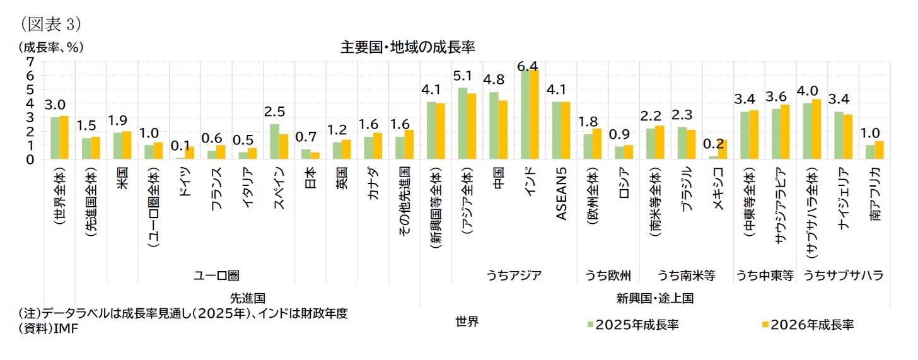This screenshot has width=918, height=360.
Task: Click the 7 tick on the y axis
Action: (30, 61)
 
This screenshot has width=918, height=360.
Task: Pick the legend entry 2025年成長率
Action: (632, 324)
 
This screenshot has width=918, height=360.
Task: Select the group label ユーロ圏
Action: (216, 276)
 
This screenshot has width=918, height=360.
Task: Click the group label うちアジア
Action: (514, 276)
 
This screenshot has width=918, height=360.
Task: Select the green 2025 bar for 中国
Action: (494, 125)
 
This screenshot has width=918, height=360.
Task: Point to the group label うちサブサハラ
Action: (842, 276)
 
